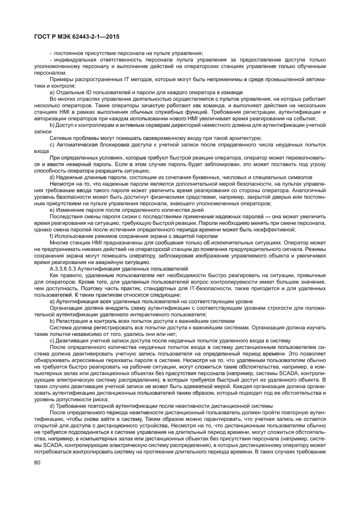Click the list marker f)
tap(51, 236)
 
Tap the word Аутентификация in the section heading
tap(113, 269)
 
